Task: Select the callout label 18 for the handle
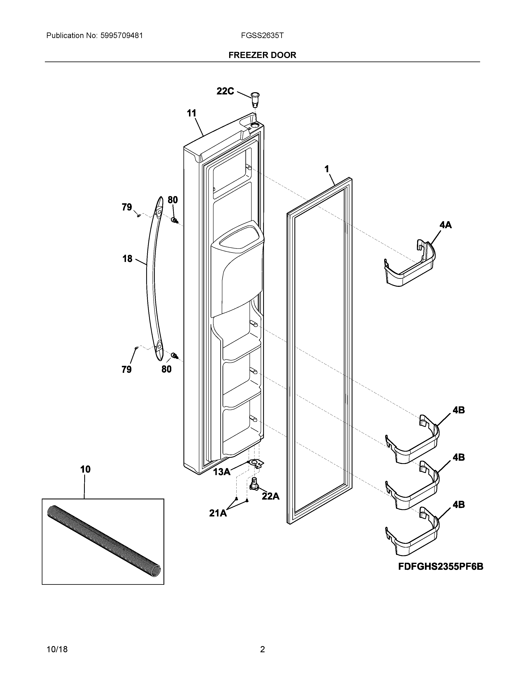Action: pos(127,259)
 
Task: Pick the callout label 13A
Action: pos(222,472)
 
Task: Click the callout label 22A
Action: pos(270,496)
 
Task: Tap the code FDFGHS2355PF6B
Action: pos(441,567)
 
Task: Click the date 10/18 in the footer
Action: pos(57,649)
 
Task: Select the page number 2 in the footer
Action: pos(262,649)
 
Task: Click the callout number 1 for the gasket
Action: pos(327,169)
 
